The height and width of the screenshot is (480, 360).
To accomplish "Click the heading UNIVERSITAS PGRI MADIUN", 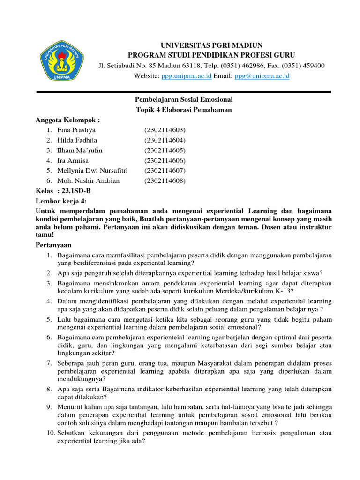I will (x=212, y=45).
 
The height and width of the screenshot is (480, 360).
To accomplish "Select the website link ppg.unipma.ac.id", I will (x=187, y=75).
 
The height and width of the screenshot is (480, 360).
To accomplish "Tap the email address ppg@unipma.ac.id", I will (x=262, y=75).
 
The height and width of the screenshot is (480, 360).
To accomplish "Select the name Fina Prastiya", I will (x=76, y=130).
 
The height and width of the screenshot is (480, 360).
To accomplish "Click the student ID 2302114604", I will (x=165, y=140).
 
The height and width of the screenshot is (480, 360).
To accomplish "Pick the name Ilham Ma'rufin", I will (x=80, y=150).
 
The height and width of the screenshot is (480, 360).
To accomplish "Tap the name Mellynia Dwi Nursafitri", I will (x=92, y=171).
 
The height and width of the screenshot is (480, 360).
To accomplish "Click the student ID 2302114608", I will (x=165, y=180).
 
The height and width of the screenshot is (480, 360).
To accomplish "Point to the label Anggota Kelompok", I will (x=68, y=120).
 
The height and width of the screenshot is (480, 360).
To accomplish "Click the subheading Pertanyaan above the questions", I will (x=54, y=245).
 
